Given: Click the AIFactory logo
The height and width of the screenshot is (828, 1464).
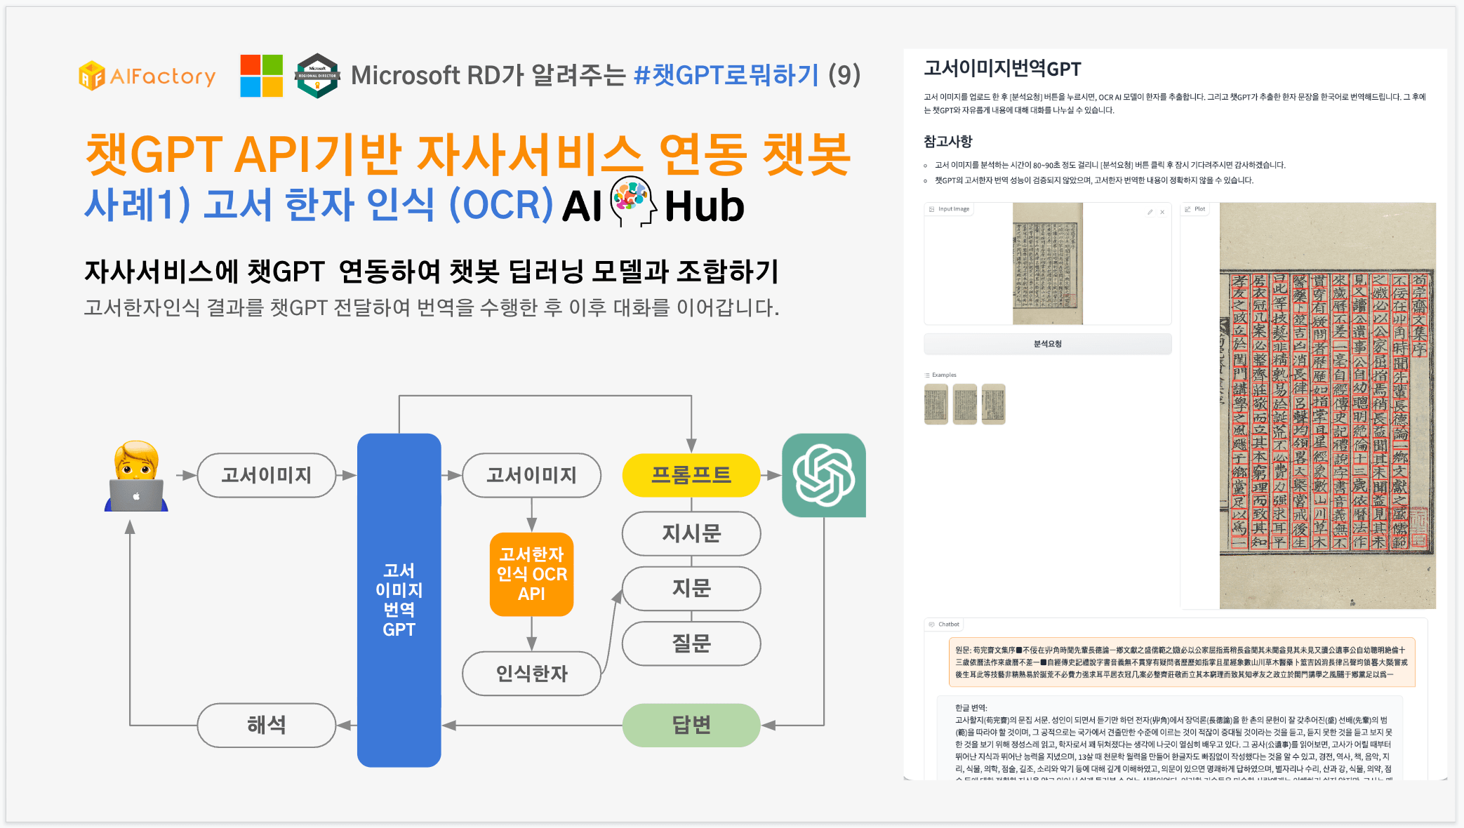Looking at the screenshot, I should tap(147, 76).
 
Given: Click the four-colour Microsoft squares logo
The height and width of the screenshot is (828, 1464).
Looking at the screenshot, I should tap(261, 76).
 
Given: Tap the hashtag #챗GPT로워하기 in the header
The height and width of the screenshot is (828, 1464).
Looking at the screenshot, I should tap(726, 75).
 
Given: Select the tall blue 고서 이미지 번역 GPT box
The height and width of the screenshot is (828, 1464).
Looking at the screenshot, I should tap(399, 599).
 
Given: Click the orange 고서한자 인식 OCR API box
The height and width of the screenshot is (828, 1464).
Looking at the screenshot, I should tap(531, 574).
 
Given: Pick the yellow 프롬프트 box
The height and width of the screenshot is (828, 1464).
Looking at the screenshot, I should tap(691, 475).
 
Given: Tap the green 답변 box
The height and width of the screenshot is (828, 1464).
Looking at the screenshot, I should tap(691, 725).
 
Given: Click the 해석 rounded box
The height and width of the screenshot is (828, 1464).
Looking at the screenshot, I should tap(267, 725).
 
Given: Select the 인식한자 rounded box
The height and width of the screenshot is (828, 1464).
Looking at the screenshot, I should tap(531, 674).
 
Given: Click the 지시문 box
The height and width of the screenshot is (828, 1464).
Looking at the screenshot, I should tap(691, 533).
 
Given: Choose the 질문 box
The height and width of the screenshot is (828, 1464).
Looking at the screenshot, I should tap(691, 643).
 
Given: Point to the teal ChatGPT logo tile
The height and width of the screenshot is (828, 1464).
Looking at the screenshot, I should tap(823, 475).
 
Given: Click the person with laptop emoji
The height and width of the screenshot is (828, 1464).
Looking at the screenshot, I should tap(136, 476).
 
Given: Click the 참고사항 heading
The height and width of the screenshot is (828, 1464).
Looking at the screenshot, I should tap(947, 141).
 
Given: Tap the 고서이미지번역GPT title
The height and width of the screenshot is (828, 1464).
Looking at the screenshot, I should tap(1002, 69).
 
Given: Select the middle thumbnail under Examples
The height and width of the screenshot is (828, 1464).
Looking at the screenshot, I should tap(965, 404).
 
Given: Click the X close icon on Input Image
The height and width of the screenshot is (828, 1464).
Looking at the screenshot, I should tap(1162, 212).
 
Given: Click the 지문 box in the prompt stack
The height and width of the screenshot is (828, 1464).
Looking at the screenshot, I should tap(691, 588).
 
